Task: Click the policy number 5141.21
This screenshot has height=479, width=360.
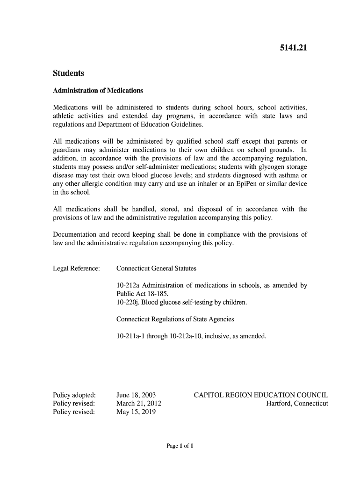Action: click(x=293, y=48)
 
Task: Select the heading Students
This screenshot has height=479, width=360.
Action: click(x=68, y=73)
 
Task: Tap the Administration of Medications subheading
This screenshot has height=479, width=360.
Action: click(x=98, y=90)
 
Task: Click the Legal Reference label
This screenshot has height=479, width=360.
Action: click(x=77, y=269)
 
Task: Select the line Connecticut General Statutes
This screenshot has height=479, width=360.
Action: click(x=156, y=269)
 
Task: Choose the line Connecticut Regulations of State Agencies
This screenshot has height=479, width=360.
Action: click(x=175, y=319)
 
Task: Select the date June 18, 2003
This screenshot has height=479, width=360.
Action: click(x=136, y=395)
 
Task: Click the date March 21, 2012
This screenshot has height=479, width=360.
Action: click(x=139, y=403)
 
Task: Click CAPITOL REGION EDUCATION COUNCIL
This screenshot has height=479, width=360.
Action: click(x=261, y=395)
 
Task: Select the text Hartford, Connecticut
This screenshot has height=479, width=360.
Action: click(x=297, y=403)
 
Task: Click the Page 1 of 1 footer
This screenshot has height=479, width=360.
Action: click(x=180, y=446)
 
